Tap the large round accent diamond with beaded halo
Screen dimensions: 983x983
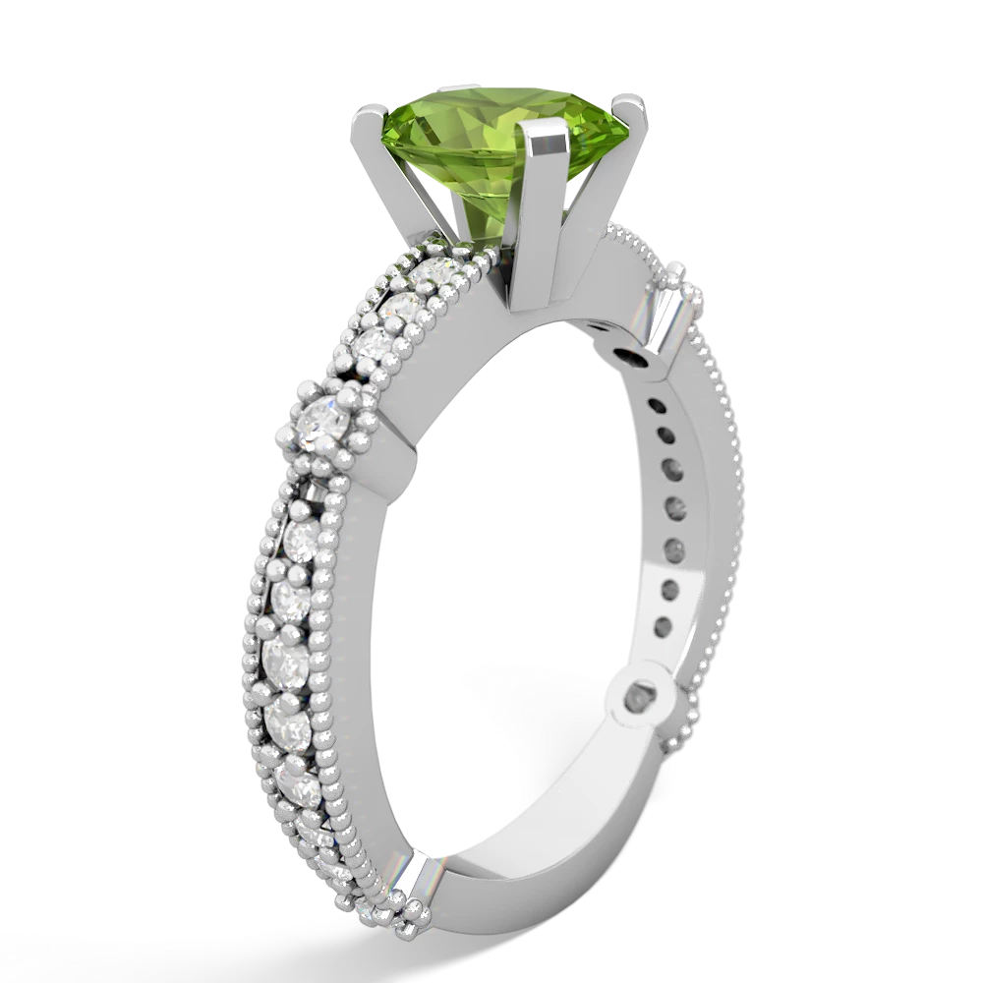pyautogui.click(x=324, y=425)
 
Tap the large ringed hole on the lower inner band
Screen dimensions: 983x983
pyautogui.click(x=645, y=699)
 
